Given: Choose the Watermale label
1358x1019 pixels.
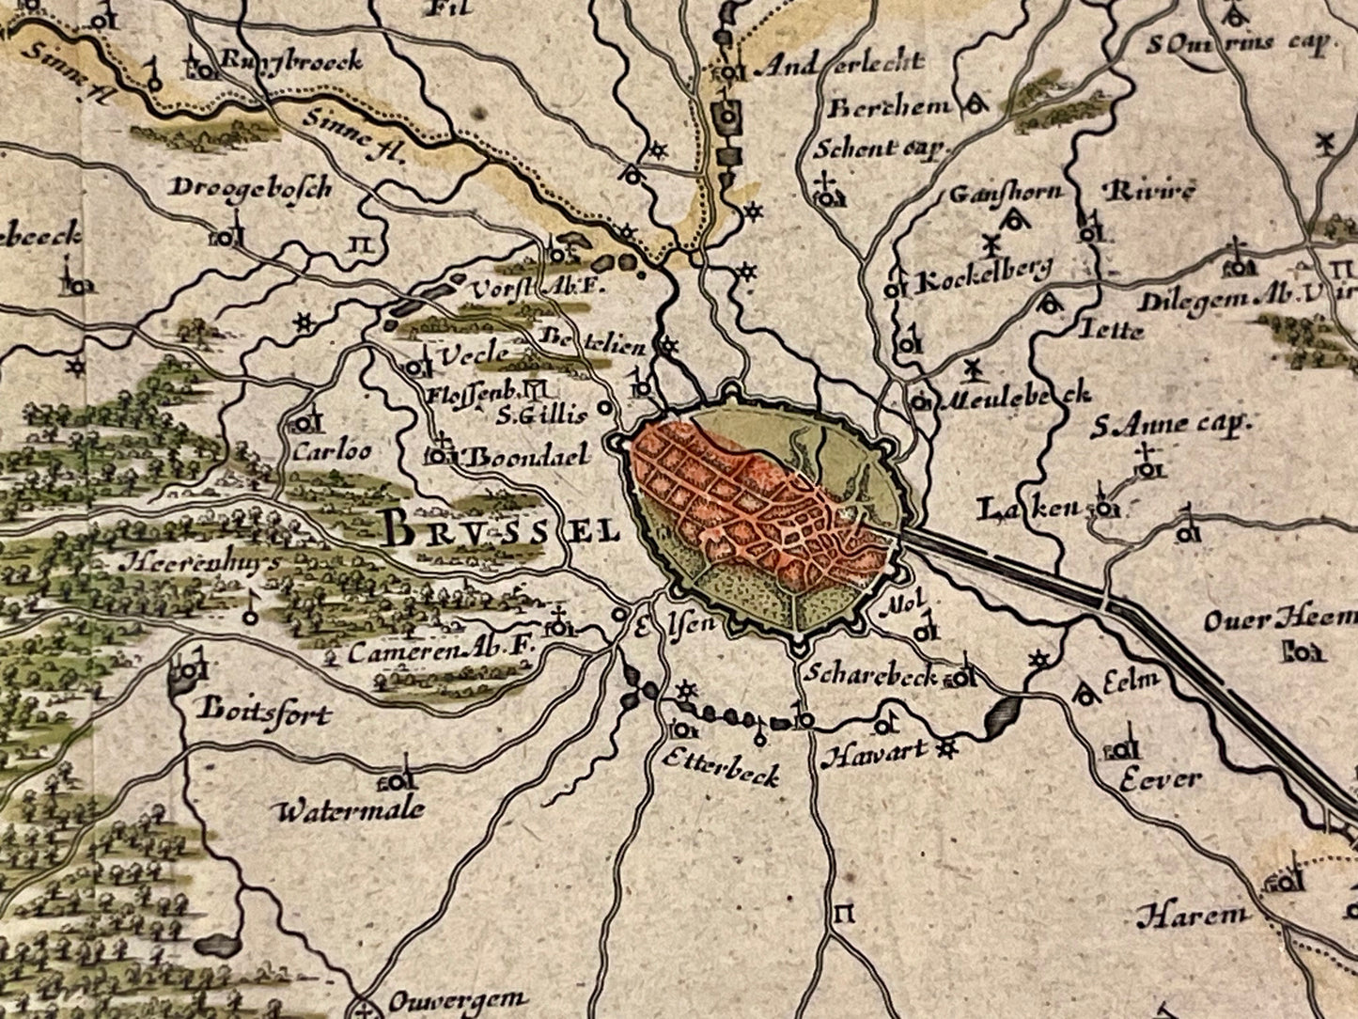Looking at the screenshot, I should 351,809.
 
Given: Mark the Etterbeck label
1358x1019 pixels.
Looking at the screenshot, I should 721,774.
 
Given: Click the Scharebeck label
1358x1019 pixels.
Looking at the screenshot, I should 870,673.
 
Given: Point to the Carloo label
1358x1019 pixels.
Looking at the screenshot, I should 332,451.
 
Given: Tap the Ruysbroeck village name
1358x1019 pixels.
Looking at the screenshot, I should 290,62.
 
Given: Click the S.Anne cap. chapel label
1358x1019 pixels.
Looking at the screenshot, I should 1169,425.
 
